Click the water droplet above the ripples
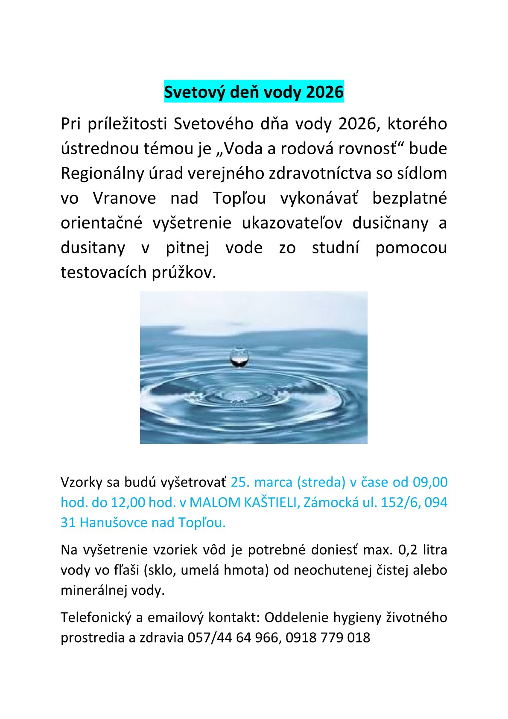(239, 357)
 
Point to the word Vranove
(125, 198)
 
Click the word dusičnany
(391, 223)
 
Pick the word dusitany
(93, 248)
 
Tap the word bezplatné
(409, 198)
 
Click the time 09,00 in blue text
(430, 482)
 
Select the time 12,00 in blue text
(128, 502)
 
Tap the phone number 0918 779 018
(328, 638)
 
